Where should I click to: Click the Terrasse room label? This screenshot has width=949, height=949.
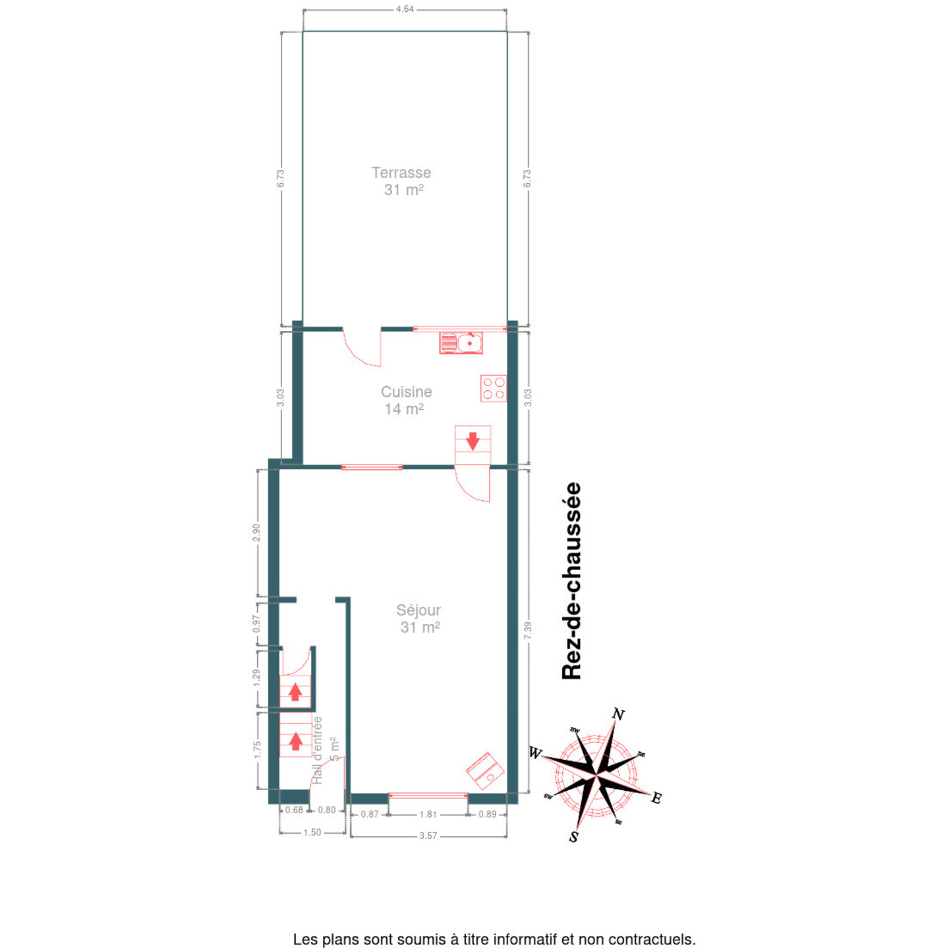401,173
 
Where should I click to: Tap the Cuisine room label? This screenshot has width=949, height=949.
407,392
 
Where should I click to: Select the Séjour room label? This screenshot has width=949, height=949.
418,610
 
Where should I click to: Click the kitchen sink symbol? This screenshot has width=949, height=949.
461,343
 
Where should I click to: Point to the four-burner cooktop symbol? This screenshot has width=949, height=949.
494,389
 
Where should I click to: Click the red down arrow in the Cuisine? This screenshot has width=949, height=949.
473,442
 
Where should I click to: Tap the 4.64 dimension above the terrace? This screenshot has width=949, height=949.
405,9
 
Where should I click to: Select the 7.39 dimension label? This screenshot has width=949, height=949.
528,631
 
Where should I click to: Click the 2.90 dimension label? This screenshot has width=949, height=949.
256,532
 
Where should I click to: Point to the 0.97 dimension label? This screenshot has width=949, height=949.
256,623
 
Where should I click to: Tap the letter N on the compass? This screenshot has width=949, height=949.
619,714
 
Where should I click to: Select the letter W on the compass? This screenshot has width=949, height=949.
536,753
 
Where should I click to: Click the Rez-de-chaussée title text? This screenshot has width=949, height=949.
572,581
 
